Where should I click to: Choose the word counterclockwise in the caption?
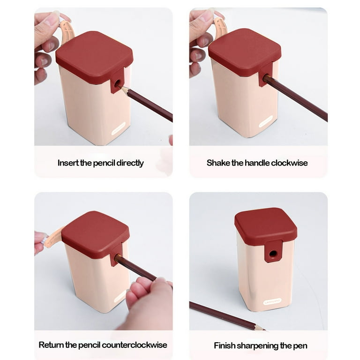pyautogui.click(x=135, y=345)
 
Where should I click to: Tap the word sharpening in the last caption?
pyautogui.click(x=257, y=346)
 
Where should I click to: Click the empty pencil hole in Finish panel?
pyautogui.click(x=273, y=254)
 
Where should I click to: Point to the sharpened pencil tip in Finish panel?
pyautogui.click(x=264, y=330)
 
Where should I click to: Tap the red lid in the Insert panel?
pyautogui.click(x=94, y=57)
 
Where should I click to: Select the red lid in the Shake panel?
pyautogui.click(x=245, y=52)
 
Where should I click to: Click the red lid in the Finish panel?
pyautogui.click(x=266, y=226)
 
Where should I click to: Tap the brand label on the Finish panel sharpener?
pyautogui.click(x=272, y=301)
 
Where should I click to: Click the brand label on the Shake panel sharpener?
pyautogui.click(x=266, y=121)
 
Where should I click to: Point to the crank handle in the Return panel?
pyautogui.click(x=53, y=238)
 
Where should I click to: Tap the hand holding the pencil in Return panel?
pyautogui.click(x=149, y=303)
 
